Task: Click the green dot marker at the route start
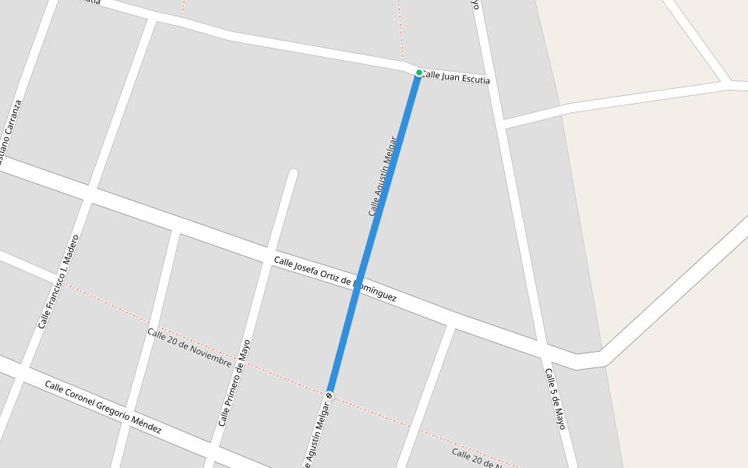coord(418,73)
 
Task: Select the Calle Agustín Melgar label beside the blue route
coord(383,176)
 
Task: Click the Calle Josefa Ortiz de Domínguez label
coord(335,280)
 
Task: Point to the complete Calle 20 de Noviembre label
coord(189,347)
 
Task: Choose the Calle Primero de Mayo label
coord(235,382)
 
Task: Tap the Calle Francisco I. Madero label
coord(58,281)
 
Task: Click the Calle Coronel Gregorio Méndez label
coord(103,407)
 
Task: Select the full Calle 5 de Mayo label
coord(555,399)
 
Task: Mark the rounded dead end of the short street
coord(293,173)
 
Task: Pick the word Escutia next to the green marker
coord(475,79)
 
